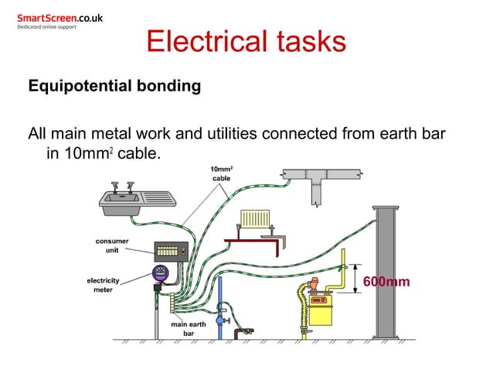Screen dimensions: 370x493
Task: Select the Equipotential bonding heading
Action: point(114,85)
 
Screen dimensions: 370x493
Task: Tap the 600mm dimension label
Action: point(386,281)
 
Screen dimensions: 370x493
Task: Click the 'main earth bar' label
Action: point(188,329)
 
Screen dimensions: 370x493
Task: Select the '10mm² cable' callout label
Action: point(222,173)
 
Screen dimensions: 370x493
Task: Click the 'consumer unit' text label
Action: point(112,245)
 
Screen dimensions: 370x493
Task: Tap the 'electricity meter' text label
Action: point(103,284)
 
